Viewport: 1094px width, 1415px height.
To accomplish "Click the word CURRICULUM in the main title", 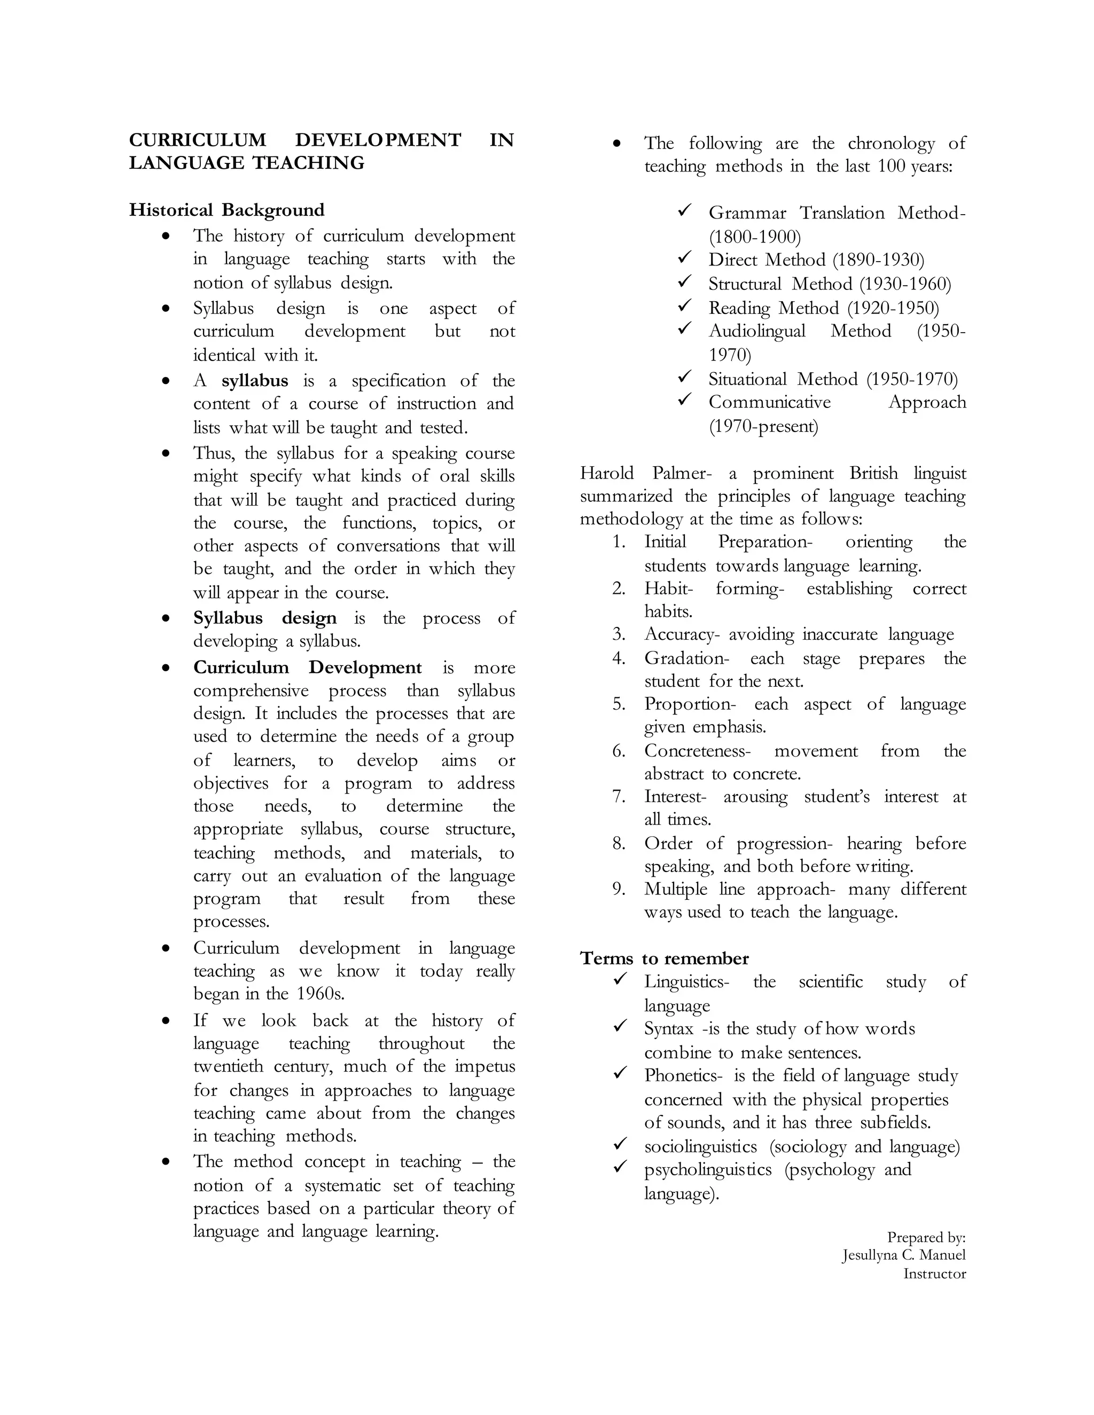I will [197, 140].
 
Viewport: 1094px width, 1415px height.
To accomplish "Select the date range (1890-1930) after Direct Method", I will [878, 260].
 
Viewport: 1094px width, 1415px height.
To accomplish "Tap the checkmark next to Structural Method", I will [684, 282].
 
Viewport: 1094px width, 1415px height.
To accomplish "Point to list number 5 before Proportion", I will [618, 704].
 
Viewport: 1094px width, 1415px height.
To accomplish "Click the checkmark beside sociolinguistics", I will [620, 1144].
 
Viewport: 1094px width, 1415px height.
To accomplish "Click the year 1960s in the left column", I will [320, 993].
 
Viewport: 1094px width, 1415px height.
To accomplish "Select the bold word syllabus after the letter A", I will [254, 380].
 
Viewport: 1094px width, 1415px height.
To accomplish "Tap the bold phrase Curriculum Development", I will [307, 667].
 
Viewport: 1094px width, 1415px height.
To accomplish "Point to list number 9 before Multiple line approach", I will [618, 890].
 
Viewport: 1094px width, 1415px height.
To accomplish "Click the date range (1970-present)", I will [763, 426].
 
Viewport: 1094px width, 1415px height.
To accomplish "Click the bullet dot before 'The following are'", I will [617, 144].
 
